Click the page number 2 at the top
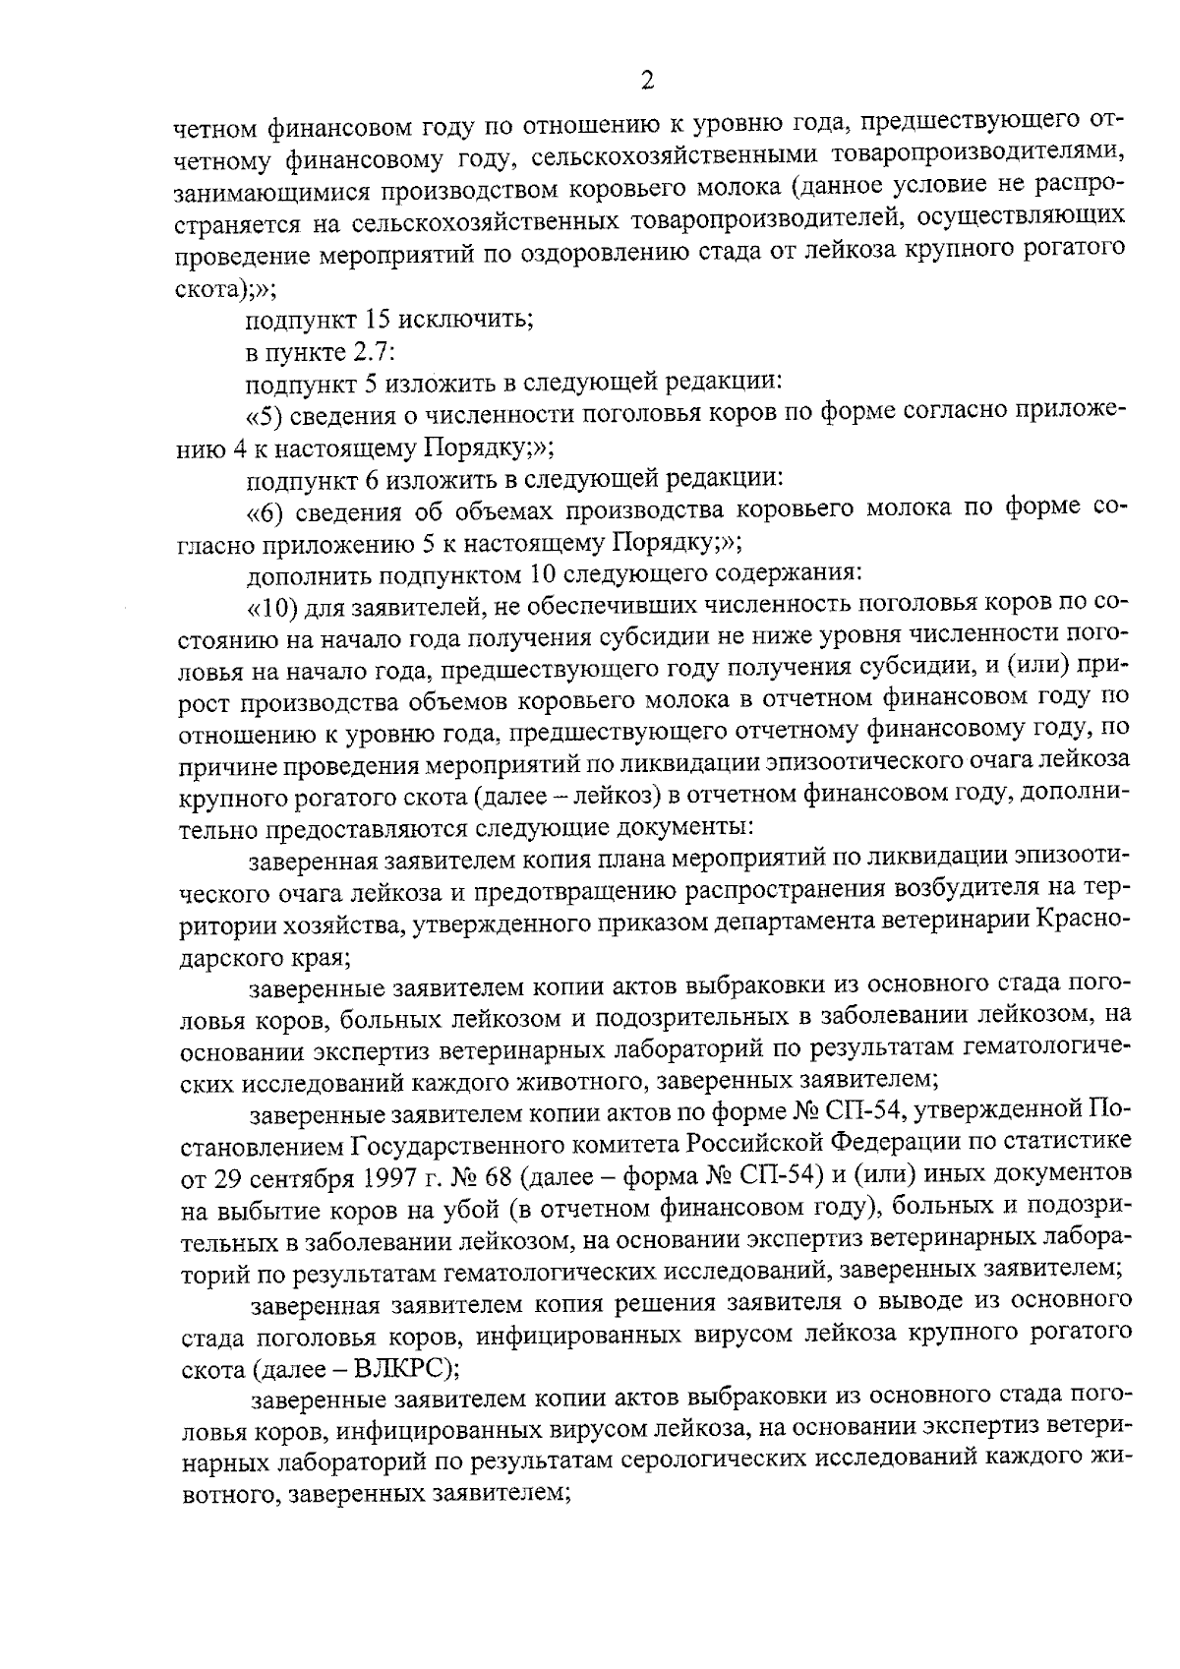[x=647, y=81]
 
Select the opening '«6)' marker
[x=266, y=509]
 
